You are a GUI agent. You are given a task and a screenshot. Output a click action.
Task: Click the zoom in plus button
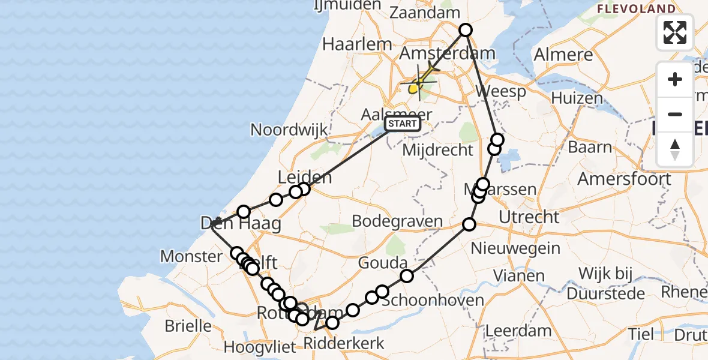675,79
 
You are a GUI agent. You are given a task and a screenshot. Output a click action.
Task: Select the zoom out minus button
675,114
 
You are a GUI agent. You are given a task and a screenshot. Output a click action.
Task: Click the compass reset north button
675,149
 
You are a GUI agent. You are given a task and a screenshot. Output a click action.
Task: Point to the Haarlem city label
357,44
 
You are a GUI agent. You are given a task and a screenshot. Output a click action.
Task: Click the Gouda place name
383,263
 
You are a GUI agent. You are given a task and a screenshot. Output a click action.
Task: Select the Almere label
563,55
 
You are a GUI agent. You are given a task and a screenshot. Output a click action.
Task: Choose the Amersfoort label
624,179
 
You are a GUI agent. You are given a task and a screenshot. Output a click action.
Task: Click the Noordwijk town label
289,130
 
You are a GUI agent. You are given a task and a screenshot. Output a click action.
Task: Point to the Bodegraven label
397,221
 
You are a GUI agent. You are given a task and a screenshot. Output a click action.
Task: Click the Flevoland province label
636,9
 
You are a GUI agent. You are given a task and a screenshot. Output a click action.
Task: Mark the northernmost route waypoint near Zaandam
466,30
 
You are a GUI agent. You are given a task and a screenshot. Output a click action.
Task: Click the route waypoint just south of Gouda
407,276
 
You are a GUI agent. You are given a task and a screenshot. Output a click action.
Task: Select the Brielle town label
189,326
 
